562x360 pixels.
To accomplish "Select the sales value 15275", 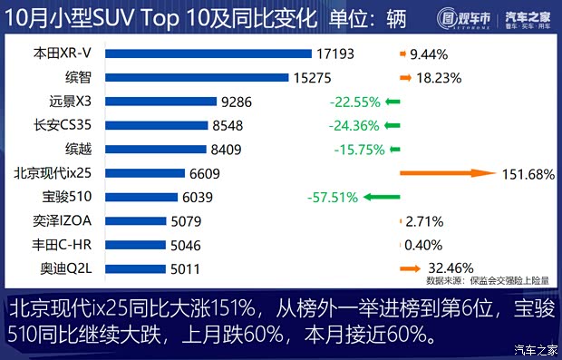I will [x=314, y=79].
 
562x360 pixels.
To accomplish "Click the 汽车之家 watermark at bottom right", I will [x=535, y=350].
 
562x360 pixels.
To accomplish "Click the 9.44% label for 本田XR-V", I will [x=431, y=55].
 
